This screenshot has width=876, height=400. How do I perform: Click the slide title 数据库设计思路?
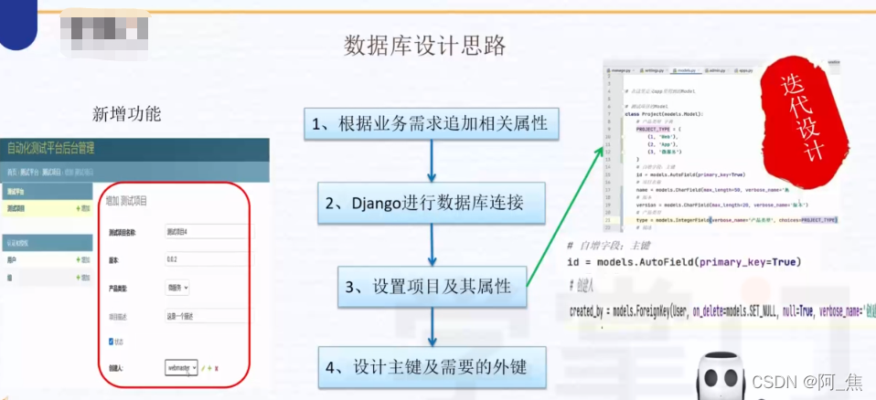[424, 45]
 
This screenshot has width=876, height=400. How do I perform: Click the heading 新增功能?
[126, 114]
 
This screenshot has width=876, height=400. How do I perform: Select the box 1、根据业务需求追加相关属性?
[430, 125]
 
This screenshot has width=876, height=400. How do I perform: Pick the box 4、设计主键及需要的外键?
[430, 368]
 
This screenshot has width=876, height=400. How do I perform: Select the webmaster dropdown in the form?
[181, 367]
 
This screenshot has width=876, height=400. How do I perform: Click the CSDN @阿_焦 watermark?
[807, 379]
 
